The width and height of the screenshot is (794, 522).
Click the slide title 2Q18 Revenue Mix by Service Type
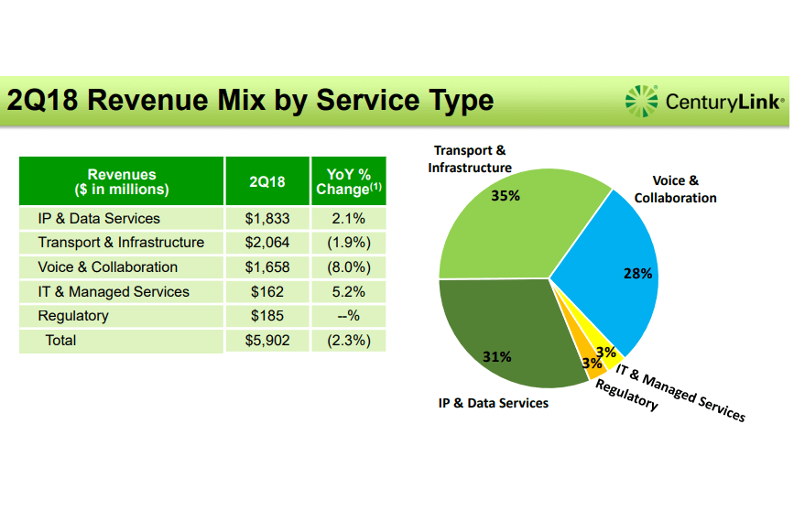(x=250, y=100)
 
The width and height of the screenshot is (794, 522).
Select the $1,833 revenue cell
(x=267, y=219)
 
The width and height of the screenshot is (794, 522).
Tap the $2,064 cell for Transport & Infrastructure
(x=267, y=243)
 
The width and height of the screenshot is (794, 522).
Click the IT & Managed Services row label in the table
(x=114, y=292)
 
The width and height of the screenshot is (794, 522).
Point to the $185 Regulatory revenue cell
(x=267, y=316)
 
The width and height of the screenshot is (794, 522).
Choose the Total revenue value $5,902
(x=267, y=341)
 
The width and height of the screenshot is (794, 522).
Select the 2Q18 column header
(x=267, y=181)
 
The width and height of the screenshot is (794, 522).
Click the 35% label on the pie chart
(x=506, y=196)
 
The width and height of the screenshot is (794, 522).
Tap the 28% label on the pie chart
(x=637, y=273)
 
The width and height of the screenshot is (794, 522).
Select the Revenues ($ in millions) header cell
(x=121, y=181)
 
